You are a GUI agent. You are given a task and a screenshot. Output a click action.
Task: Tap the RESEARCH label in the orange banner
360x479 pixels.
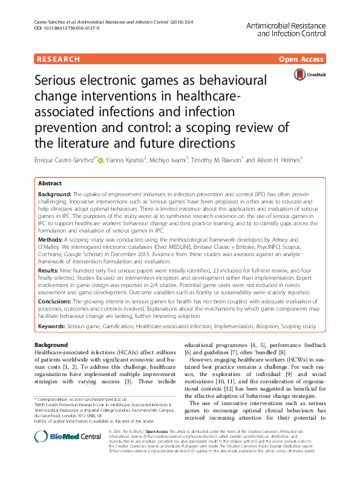point(58,59)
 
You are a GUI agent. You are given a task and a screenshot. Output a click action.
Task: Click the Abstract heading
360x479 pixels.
point(50,183)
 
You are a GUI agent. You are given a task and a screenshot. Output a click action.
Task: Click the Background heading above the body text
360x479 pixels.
point(51,345)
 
